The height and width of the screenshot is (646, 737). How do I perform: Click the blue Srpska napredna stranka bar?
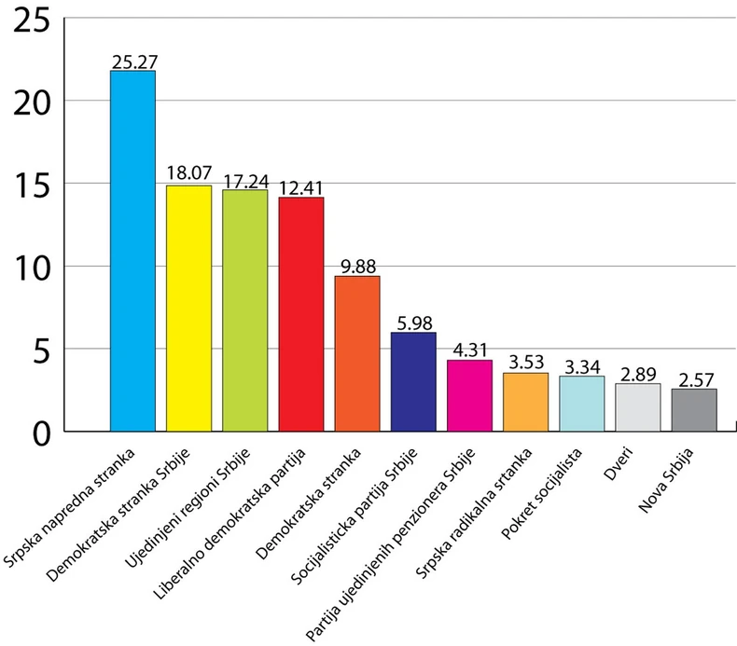click(x=132, y=252)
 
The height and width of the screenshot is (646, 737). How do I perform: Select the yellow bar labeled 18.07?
click(x=188, y=309)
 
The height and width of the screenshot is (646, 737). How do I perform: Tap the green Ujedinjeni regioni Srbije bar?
click(x=244, y=310)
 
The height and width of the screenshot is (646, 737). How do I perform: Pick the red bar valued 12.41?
click(x=301, y=314)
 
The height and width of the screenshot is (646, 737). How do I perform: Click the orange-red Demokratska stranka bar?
click(x=357, y=354)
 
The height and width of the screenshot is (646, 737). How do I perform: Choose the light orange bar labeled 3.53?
click(x=525, y=402)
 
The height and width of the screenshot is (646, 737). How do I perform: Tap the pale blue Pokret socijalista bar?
click(x=581, y=404)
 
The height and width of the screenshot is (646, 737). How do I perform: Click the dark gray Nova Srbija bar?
click(x=694, y=410)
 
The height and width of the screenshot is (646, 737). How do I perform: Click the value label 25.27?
click(x=132, y=62)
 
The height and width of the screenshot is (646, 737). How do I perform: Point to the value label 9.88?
click(x=357, y=267)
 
